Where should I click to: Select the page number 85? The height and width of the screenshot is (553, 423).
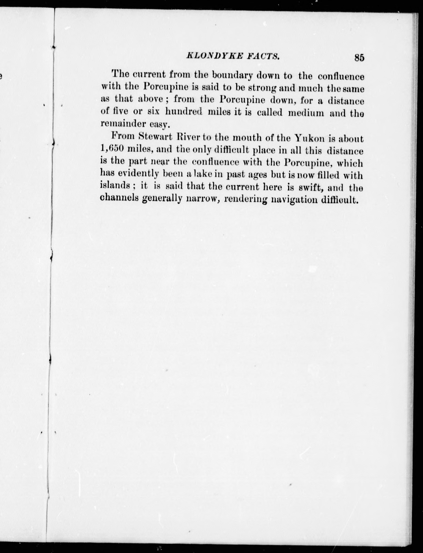point(359,58)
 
